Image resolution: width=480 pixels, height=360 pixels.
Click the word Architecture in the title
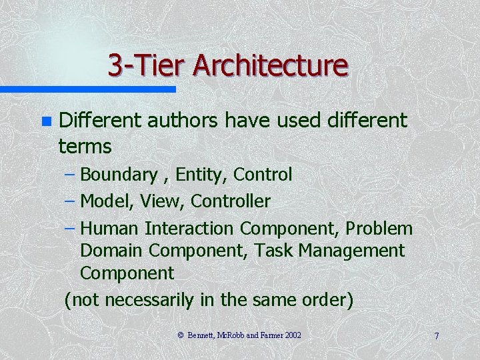pyautogui.click(x=271, y=66)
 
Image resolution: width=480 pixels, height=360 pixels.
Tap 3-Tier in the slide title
pyautogui.click(x=147, y=66)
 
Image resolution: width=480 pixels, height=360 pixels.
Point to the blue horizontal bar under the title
pyautogui.click(x=87, y=89)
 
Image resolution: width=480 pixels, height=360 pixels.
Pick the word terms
pyautogui.click(x=85, y=145)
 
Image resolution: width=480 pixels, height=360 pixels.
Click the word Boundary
pyautogui.click(x=118, y=175)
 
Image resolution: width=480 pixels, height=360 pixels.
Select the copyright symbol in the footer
pyautogui.click(x=181, y=335)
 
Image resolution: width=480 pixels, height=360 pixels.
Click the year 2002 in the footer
pyautogui.click(x=293, y=335)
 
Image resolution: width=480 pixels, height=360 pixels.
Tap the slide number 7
pyautogui.click(x=436, y=336)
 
